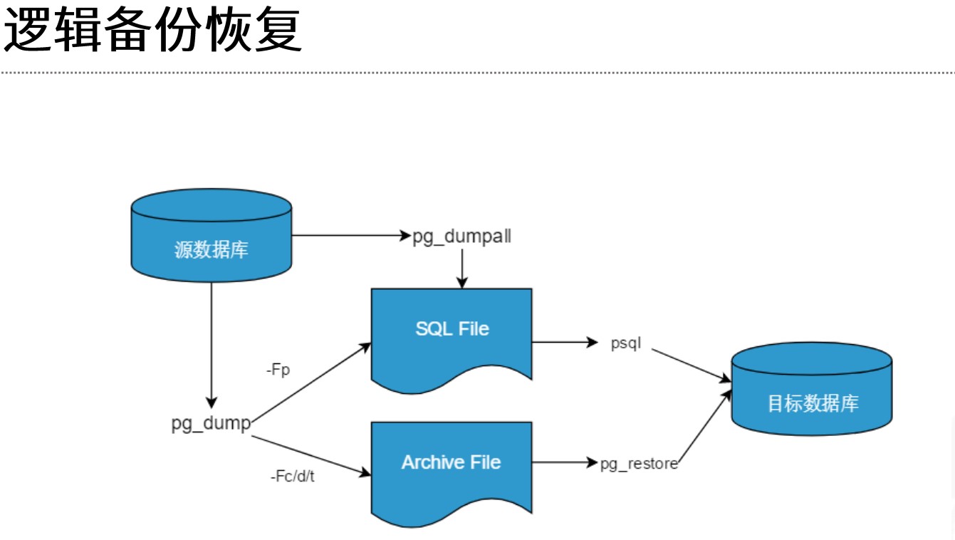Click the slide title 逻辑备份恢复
[x=154, y=31]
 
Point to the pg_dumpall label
[x=462, y=237]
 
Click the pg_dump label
[x=211, y=423]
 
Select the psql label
[x=626, y=343]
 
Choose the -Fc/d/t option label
[x=292, y=477]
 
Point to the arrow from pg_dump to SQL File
[x=311, y=381]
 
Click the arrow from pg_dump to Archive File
[x=311, y=453]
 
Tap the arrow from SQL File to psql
[x=564, y=343]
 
